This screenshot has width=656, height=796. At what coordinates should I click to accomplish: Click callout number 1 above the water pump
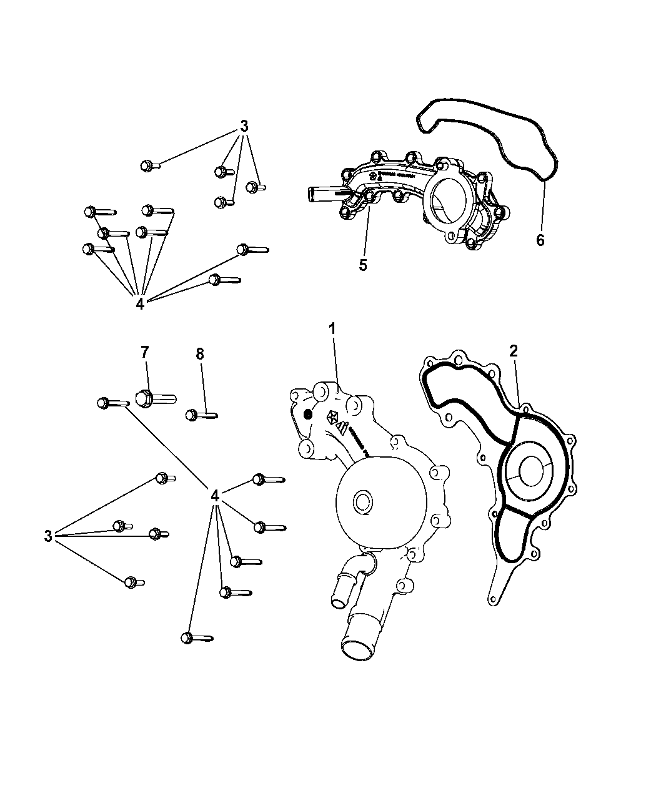(x=332, y=328)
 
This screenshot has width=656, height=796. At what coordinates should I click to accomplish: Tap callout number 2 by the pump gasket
(x=513, y=351)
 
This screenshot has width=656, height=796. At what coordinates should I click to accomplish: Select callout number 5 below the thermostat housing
(x=362, y=265)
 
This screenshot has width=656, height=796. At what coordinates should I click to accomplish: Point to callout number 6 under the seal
(x=540, y=239)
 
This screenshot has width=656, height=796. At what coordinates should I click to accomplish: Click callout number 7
(x=144, y=353)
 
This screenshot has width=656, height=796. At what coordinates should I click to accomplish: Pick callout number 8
(x=199, y=354)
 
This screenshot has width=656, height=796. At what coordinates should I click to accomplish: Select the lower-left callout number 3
(x=48, y=536)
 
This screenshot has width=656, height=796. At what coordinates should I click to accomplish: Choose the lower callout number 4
(x=215, y=496)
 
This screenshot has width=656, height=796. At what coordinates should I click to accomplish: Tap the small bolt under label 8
(x=201, y=414)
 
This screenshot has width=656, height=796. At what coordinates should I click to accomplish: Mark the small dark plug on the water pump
(x=307, y=415)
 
